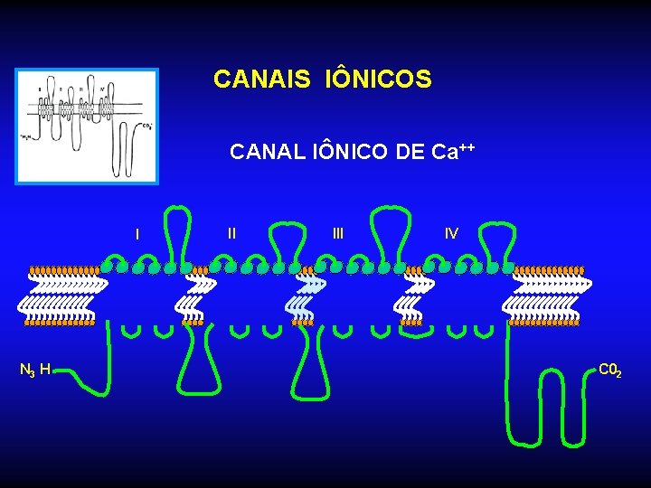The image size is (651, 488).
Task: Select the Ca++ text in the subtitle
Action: (453, 151)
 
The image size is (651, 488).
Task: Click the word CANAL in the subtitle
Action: (263, 152)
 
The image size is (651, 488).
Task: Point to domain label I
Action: (137, 234)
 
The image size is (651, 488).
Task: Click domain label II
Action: (232, 233)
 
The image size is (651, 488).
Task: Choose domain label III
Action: (338, 233)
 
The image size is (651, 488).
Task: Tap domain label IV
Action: (451, 233)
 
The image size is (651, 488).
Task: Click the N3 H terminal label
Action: (35, 369)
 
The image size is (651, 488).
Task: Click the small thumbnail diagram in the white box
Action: (87, 126)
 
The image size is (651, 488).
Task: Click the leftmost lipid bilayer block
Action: (61, 296)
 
